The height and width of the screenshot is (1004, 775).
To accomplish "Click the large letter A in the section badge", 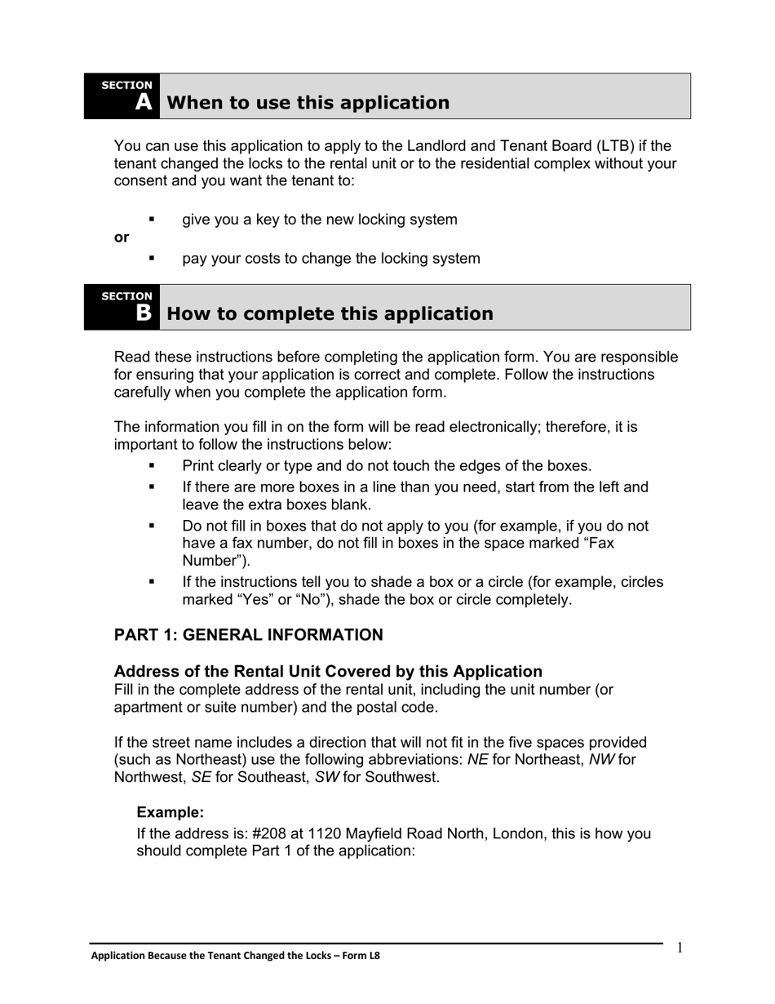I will (x=144, y=102).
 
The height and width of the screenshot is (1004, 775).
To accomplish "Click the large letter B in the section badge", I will (x=144, y=313).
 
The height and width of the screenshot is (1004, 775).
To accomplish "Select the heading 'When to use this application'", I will (x=308, y=103).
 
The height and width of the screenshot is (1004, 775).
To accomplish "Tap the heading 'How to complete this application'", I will (x=330, y=314).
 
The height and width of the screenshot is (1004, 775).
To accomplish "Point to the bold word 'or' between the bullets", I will (x=122, y=238).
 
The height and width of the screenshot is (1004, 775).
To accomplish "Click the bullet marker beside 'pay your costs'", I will (x=152, y=258).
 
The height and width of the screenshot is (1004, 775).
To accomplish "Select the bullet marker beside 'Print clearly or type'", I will (x=152, y=465).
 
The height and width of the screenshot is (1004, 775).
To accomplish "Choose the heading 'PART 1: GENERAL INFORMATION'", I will (x=248, y=635).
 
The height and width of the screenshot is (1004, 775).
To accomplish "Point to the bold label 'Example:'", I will (x=170, y=812).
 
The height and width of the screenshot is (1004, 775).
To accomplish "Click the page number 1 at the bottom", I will (x=680, y=947).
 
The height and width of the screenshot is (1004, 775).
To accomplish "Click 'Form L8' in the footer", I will (x=361, y=956).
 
